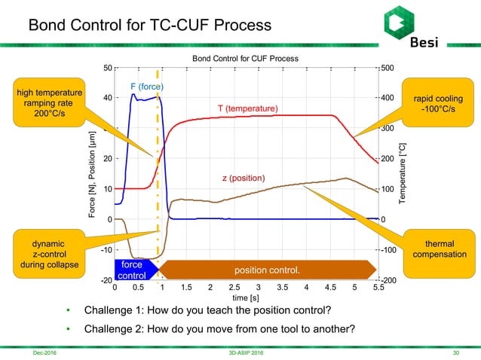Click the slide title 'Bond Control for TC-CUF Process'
pos(150,25)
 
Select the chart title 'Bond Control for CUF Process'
pos(245,58)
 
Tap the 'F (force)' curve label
pos(147,87)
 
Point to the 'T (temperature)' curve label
pos(248,108)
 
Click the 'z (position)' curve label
pos(243,178)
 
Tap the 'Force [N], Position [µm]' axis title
pos(91,174)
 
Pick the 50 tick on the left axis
pos(107,68)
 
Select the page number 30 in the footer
pos(455,352)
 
